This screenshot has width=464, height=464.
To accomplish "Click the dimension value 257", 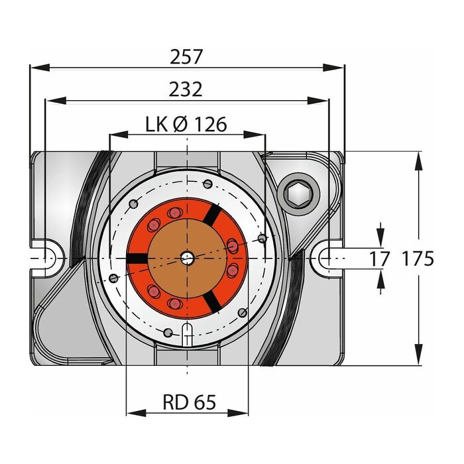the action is (186, 56).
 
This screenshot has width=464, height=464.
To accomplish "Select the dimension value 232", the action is (186, 89).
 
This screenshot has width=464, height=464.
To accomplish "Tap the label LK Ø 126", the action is (186, 125).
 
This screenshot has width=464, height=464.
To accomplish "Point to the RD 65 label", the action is (190, 402).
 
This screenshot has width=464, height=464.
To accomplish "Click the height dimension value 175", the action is (418, 259).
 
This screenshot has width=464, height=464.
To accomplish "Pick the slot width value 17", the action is (379, 259).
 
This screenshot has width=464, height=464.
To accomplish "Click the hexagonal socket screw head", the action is (298, 194).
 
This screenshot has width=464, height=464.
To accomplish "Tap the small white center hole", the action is (188, 259).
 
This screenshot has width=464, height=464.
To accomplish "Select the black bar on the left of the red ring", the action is (137, 259).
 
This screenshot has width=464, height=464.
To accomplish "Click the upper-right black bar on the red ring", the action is (213, 214).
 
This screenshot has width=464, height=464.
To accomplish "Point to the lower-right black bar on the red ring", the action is (213, 301).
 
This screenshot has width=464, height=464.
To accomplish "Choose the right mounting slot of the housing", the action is (327, 259).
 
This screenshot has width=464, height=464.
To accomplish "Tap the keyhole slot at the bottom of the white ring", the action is (187, 334).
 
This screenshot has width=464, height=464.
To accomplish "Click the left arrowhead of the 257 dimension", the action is (40, 68).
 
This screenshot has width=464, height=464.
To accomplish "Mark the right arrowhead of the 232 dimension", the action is (318, 101).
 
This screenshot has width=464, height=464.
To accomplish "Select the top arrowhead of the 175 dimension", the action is (418, 161).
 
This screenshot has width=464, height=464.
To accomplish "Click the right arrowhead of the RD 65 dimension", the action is (238, 413).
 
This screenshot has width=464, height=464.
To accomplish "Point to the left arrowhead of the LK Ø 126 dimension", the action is (119, 135).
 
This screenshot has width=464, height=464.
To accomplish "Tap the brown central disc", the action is (188, 259).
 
